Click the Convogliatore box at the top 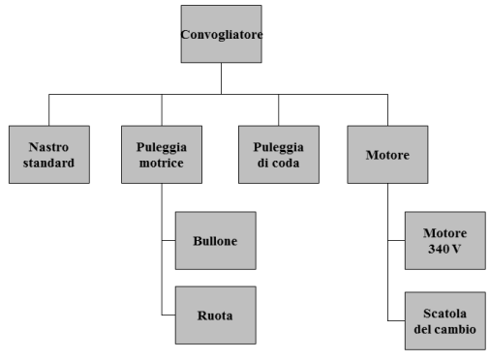pyautogui.click(x=222, y=35)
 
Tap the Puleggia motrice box pyautogui.click(x=162, y=155)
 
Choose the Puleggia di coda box pyautogui.click(x=279, y=155)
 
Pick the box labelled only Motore pyautogui.click(x=387, y=155)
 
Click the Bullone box pyautogui.click(x=216, y=239)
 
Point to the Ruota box pyautogui.click(x=216, y=315)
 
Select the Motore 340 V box pyautogui.click(x=445, y=239)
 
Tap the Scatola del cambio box pyautogui.click(x=445, y=320)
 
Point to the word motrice pyautogui.click(x=162, y=163)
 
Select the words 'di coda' pyautogui.click(x=279, y=163)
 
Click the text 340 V pyautogui.click(x=445, y=248)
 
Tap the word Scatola pyautogui.click(x=445, y=313)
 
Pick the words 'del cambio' pyautogui.click(x=445, y=329)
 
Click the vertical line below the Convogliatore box pyautogui.click(x=222, y=79)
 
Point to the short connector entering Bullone pyautogui.click(x=168, y=239)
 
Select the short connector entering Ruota pyautogui.click(x=168, y=315)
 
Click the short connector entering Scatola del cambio pyautogui.click(x=396, y=320)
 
